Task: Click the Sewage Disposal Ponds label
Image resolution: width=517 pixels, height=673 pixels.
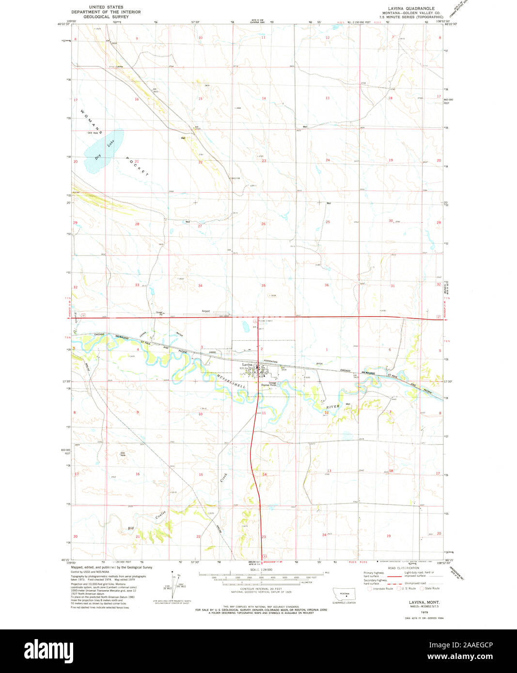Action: [x=269, y=384]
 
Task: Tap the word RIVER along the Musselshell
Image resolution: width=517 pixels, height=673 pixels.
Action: [x=333, y=407]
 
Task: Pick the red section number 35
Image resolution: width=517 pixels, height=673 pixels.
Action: [x=264, y=286]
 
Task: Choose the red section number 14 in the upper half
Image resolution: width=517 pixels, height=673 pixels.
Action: [x=264, y=98]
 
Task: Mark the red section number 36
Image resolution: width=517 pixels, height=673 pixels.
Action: [x=327, y=285]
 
